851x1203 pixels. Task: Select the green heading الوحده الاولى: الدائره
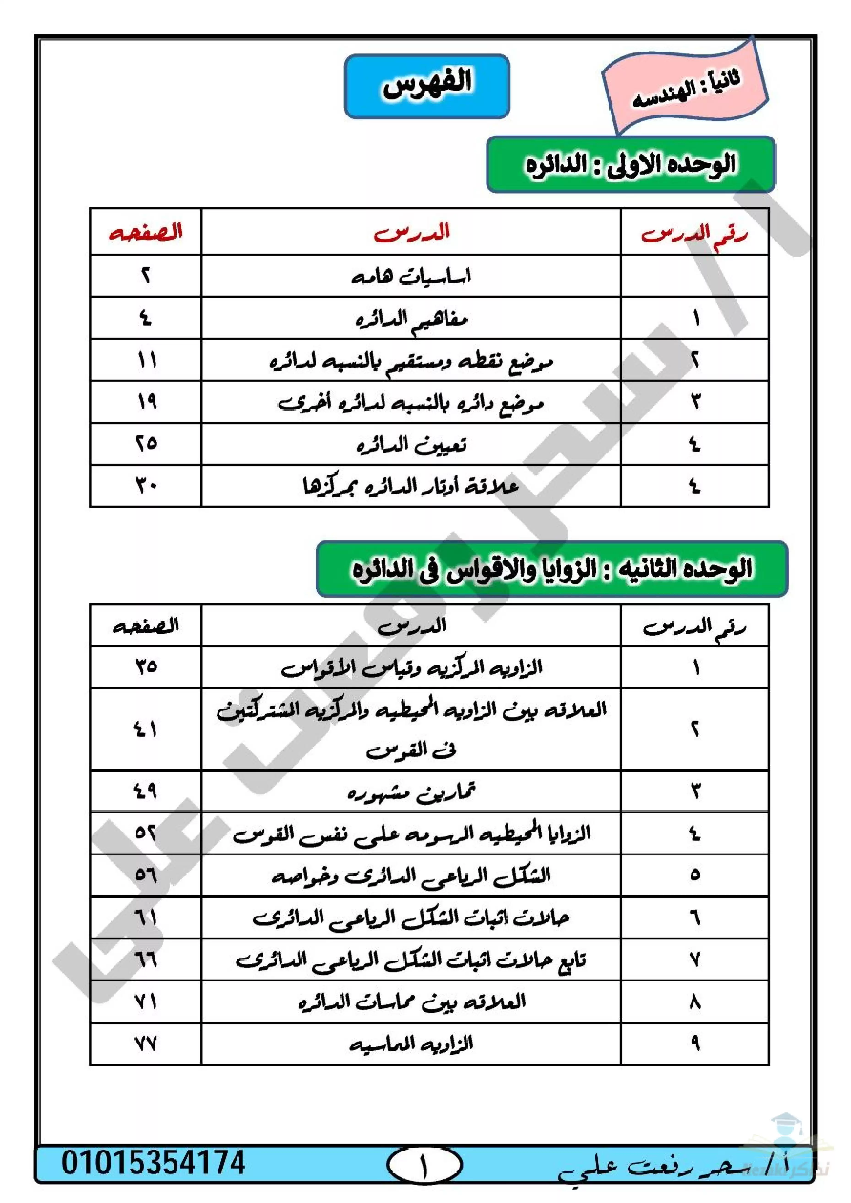point(630,164)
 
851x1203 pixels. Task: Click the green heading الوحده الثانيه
point(552,569)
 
